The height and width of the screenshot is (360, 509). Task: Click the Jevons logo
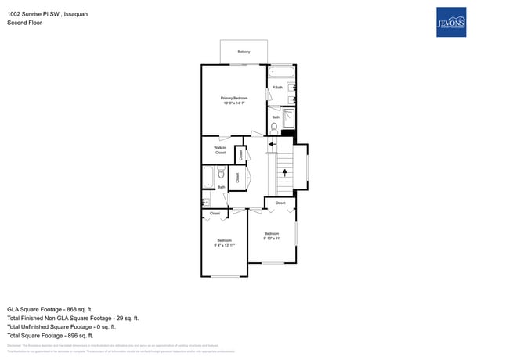pyautogui.click(x=450, y=22)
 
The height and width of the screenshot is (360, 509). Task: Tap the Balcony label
pyautogui.click(x=244, y=52)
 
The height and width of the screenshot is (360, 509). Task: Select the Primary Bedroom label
pyautogui.click(x=234, y=97)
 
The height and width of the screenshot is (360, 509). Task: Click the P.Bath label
pyautogui.click(x=277, y=87)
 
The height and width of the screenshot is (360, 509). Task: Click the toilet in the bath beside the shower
pyautogui.click(x=275, y=126)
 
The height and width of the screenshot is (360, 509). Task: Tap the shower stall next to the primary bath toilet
pyautogui.click(x=287, y=118)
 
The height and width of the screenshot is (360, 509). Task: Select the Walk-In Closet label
pyautogui.click(x=220, y=149)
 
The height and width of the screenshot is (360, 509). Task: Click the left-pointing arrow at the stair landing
pyautogui.click(x=272, y=144)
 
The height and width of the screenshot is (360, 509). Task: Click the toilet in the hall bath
pyautogui.click(x=222, y=175)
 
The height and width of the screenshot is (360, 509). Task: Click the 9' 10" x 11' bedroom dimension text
pyautogui.click(x=272, y=238)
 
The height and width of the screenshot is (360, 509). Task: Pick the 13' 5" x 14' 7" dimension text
pyautogui.click(x=234, y=103)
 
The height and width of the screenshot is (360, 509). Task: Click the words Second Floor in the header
pyautogui.click(x=24, y=23)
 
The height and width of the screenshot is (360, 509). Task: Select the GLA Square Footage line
pyautogui.click(x=50, y=309)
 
